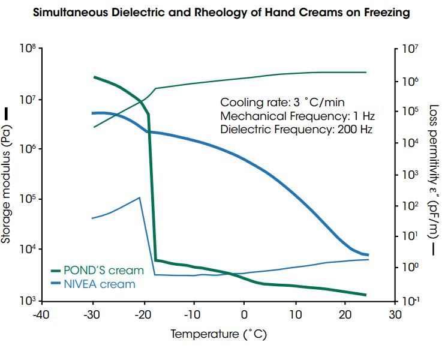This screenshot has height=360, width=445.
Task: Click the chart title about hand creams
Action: (221, 13)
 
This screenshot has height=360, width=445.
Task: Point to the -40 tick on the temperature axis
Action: (41, 315)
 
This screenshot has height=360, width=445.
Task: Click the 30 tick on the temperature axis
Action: (394, 315)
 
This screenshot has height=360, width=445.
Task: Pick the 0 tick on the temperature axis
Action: (243, 315)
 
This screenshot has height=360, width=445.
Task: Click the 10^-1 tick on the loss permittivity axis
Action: (411, 300)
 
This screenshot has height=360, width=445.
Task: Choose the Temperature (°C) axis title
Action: (218, 334)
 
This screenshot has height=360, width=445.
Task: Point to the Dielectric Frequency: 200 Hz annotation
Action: (296, 129)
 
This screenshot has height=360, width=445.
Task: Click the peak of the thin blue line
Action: (140, 197)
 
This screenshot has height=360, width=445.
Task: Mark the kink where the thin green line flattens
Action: (156, 89)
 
